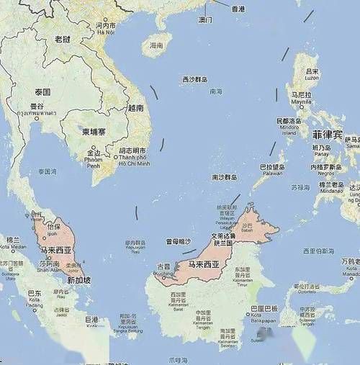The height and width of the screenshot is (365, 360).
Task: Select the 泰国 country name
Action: [42, 92]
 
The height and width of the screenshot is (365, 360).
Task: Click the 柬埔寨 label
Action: [94, 132]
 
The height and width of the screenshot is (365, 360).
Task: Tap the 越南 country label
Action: [135, 107]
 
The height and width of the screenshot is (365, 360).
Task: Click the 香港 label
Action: [238, 8]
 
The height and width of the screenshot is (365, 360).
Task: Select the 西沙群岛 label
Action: [194, 79]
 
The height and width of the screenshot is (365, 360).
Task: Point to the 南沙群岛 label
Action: [224, 176]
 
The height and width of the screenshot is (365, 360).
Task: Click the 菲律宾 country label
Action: [327, 134]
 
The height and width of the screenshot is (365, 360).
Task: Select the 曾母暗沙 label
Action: [179, 242]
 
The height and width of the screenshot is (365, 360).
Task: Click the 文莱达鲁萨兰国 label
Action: [223, 239]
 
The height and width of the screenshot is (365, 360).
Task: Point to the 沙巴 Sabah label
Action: [249, 226]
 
